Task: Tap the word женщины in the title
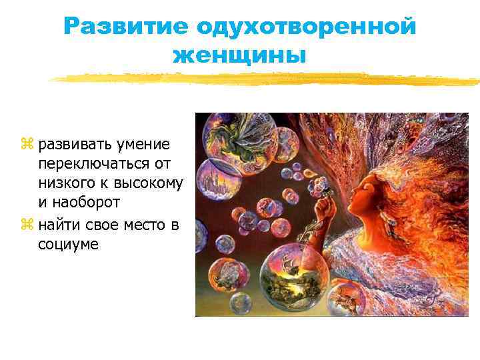[x=239, y=55]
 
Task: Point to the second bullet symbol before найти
[x=27, y=226]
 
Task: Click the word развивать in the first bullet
[x=75, y=145]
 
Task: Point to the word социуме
[x=68, y=245]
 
